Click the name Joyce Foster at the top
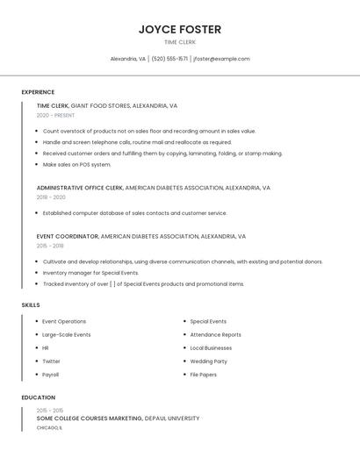tap(180, 29)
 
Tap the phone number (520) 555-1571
tap(169, 59)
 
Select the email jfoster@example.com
tap(221, 59)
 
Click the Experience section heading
tap(38, 92)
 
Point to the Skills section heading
tap(31, 304)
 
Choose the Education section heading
tap(38, 397)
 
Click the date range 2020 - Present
tap(56, 115)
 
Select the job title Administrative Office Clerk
tap(80, 188)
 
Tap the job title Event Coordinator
tap(68, 236)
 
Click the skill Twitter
tap(51, 361)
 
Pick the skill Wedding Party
tap(208, 361)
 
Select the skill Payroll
tap(50, 375)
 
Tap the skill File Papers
tap(203, 375)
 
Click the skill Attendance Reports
tap(215, 334)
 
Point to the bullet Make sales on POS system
tap(77, 164)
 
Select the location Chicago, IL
tap(49, 428)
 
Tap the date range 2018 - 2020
tap(51, 197)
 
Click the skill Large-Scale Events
tap(66, 334)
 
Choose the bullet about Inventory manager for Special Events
tap(90, 273)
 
